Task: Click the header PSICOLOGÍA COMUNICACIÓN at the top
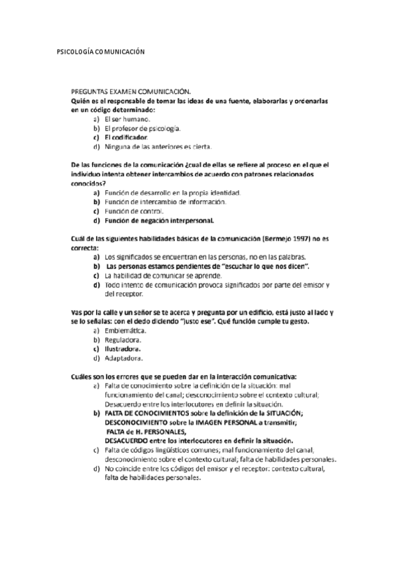(100, 52)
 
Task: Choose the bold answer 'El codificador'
(126, 137)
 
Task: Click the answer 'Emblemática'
(128, 330)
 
